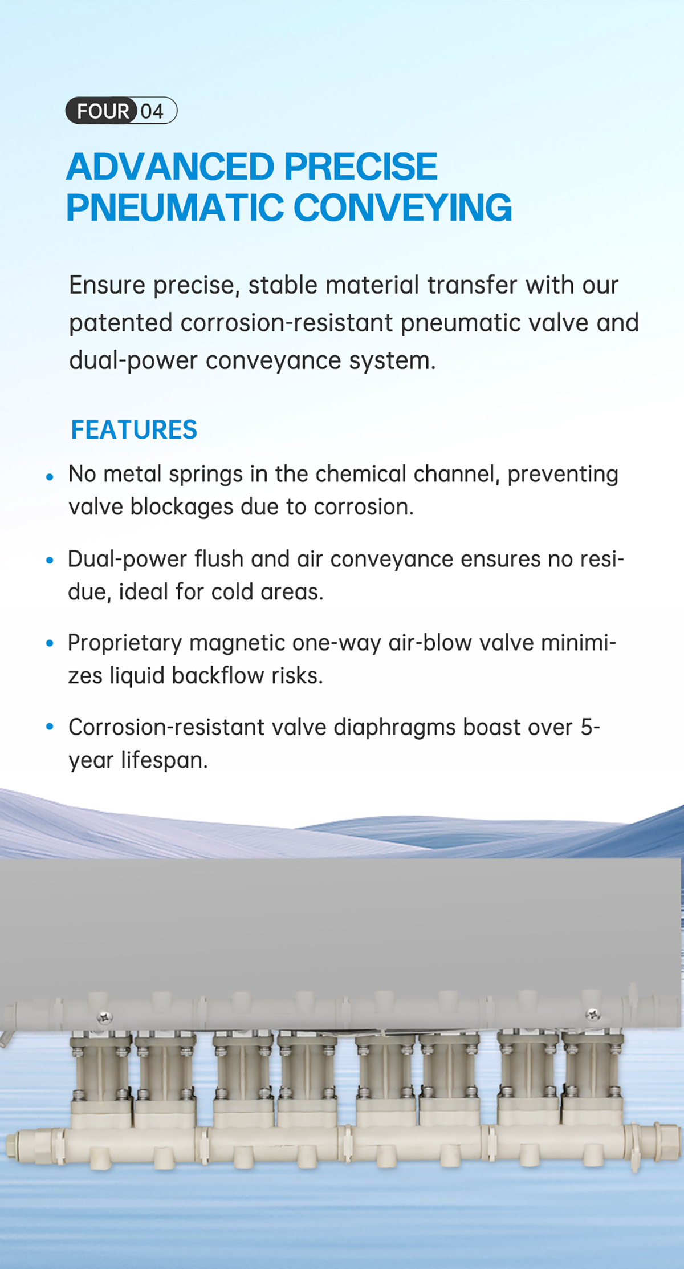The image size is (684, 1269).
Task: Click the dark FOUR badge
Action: click(x=101, y=111)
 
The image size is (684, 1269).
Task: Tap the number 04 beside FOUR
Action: click(x=152, y=111)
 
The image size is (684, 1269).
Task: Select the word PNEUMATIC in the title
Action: click(x=174, y=207)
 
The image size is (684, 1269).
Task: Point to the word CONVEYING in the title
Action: click(x=402, y=207)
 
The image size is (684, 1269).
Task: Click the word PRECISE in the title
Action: click(x=361, y=167)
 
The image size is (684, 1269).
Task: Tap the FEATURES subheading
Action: click(x=134, y=429)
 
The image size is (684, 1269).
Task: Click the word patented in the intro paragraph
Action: click(x=121, y=323)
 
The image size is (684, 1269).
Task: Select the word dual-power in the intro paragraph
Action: click(x=133, y=361)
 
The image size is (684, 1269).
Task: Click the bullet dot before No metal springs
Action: click(x=50, y=476)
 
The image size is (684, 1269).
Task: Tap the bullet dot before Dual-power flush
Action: click(x=50, y=561)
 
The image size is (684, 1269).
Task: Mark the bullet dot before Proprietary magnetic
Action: click(x=50, y=643)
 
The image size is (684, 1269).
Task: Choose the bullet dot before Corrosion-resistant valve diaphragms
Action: click(x=50, y=727)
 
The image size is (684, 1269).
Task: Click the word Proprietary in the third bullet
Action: click(x=125, y=644)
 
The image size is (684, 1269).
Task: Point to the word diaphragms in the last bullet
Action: click(x=394, y=728)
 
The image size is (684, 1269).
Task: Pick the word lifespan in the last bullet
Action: click(x=164, y=761)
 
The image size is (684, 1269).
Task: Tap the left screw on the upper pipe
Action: click(x=105, y=1017)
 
